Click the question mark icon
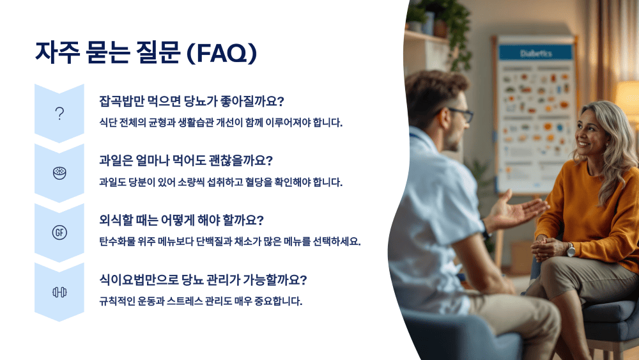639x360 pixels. click(x=59, y=113)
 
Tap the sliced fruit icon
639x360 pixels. click(x=59, y=173)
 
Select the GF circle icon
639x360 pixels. click(x=59, y=232)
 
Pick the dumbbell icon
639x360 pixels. click(x=59, y=292)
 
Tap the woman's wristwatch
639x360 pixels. click(x=571, y=249)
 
